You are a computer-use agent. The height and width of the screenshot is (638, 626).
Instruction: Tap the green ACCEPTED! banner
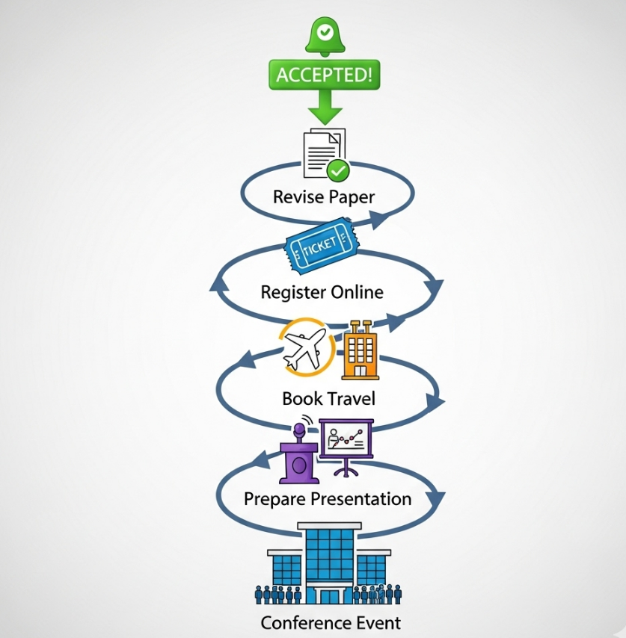click(323, 75)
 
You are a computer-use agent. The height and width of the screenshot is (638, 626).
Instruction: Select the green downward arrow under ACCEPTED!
click(324, 107)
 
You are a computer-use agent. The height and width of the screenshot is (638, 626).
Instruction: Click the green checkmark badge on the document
click(339, 170)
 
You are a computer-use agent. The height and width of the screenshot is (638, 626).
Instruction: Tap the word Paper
click(352, 197)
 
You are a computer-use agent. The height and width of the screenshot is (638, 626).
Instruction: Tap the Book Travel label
click(328, 398)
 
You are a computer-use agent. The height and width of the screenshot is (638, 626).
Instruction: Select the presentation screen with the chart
click(346, 440)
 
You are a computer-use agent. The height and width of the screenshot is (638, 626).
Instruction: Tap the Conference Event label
click(330, 622)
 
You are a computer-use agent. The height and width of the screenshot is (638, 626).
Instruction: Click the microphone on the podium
click(301, 429)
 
